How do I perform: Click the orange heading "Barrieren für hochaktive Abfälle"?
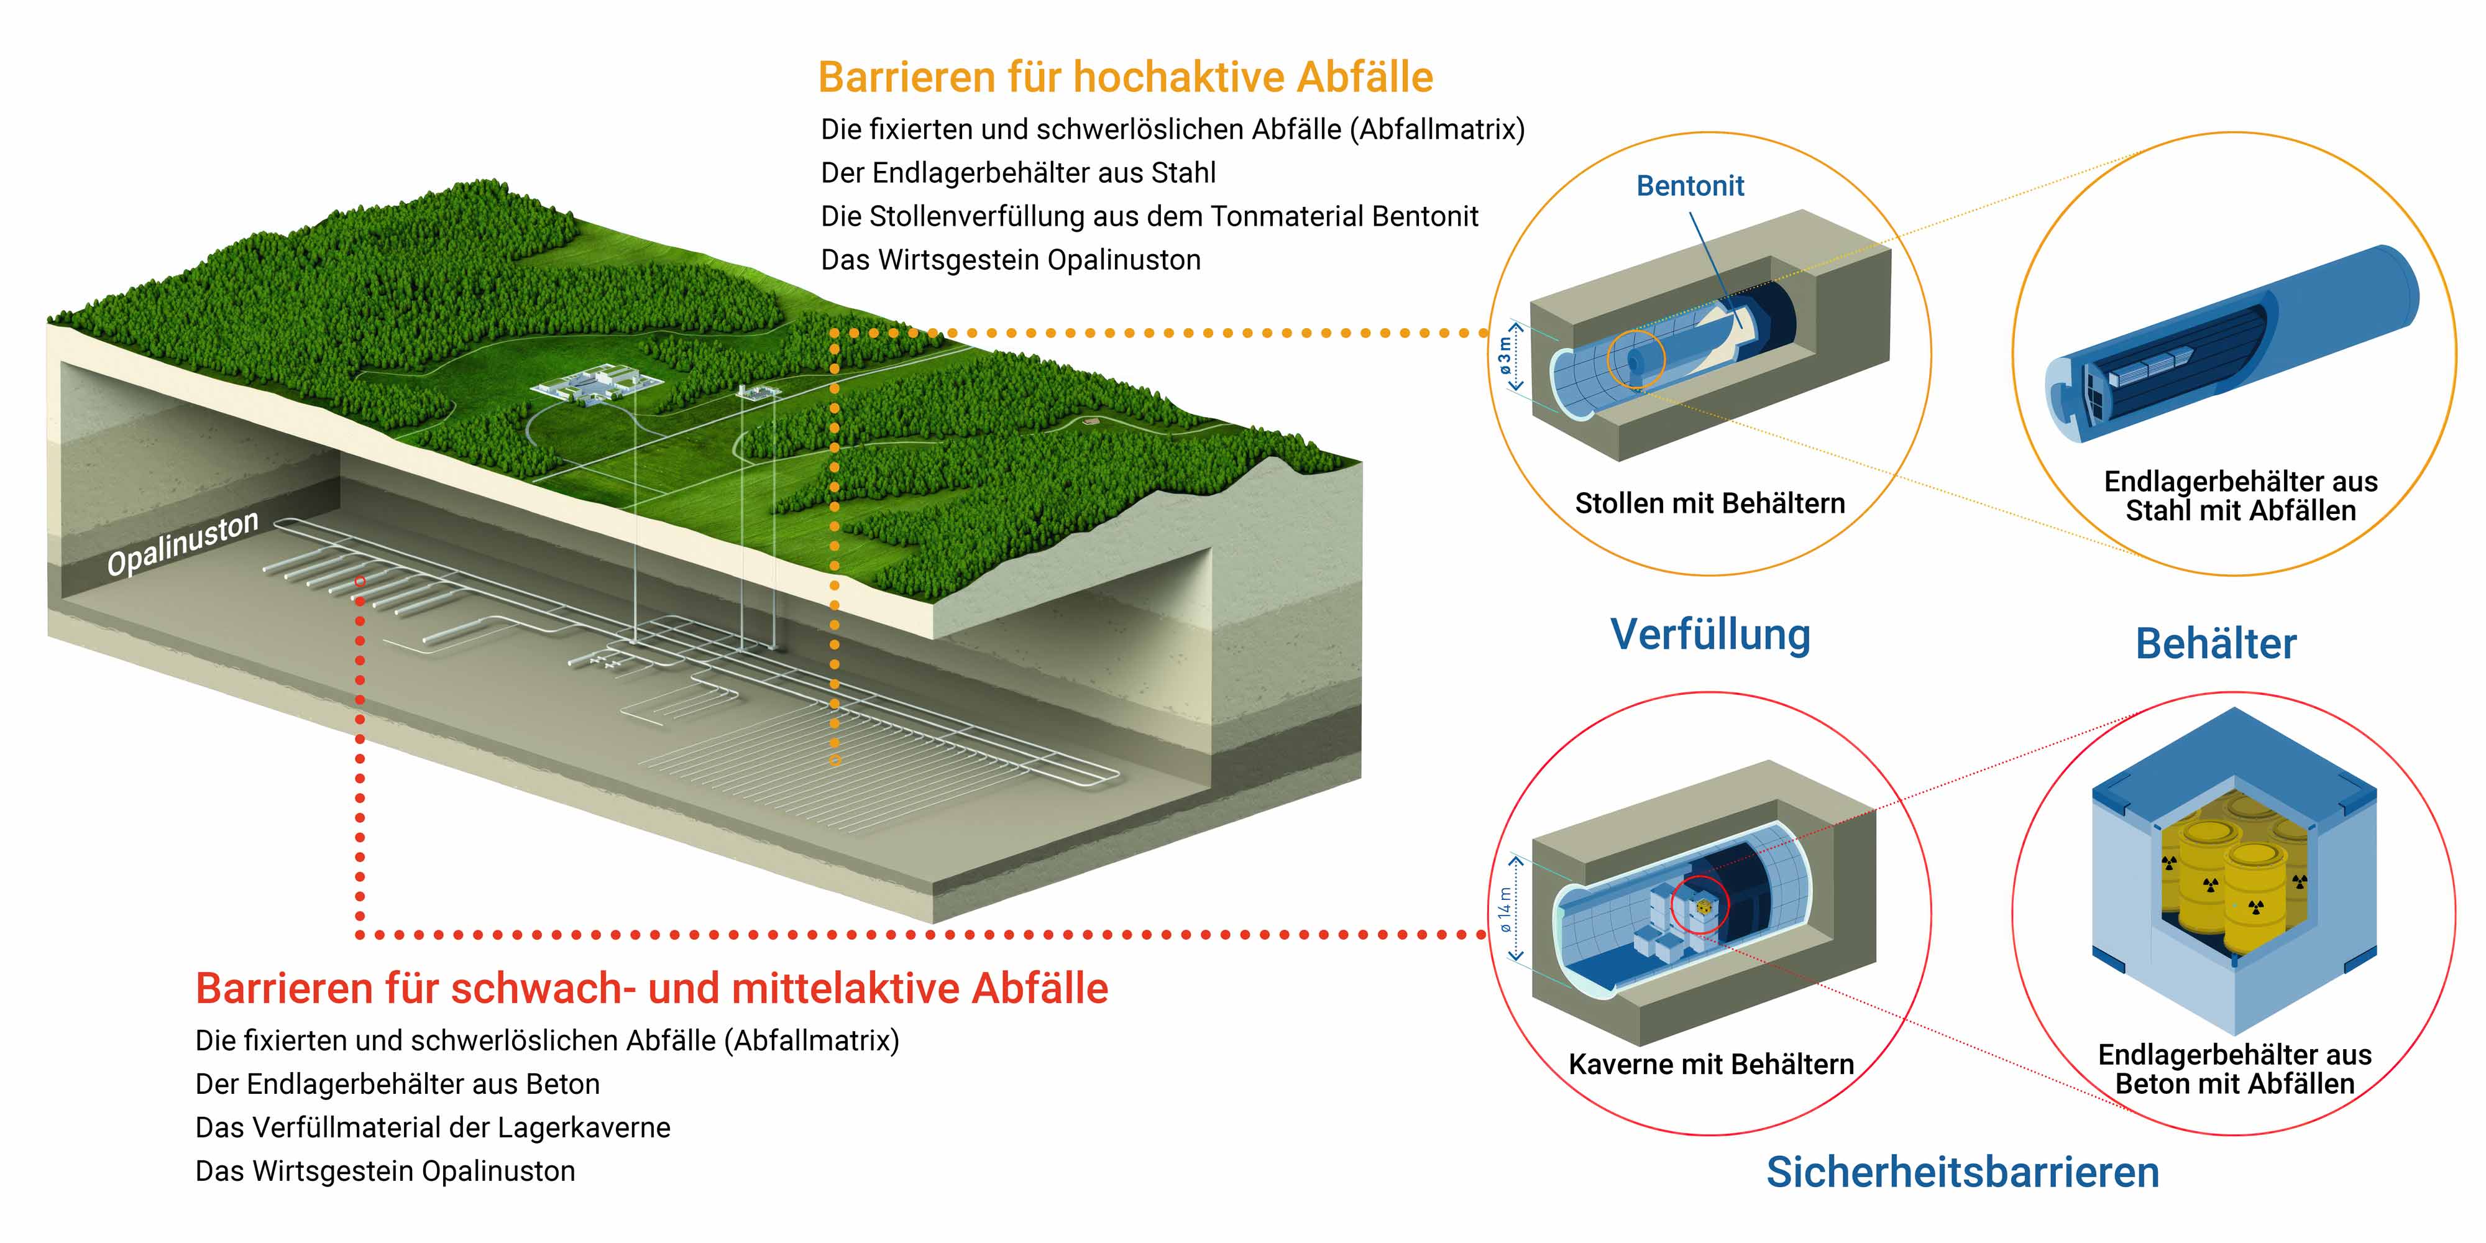coord(1126,77)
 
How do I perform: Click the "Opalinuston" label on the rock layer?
coord(182,543)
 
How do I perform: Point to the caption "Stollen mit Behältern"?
coord(1709,503)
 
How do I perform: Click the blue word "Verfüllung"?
coord(1710,635)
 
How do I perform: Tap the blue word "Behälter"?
coord(2216,644)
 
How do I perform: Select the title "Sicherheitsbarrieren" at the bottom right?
coord(1963,1172)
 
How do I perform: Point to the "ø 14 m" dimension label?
coord(1505,910)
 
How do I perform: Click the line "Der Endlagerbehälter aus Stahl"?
coord(1018,173)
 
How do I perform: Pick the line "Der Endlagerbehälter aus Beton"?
coord(398,1084)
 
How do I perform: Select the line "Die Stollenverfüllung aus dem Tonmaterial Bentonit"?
coord(1149,216)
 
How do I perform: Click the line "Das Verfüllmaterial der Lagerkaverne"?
coord(433,1127)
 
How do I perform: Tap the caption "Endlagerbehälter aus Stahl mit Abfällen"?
coord(2241,496)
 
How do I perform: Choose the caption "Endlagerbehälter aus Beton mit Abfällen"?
coord(2235,1069)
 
